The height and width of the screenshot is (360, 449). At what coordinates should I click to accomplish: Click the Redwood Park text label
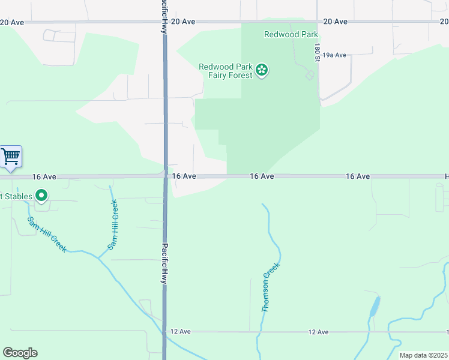pyautogui.click(x=291, y=34)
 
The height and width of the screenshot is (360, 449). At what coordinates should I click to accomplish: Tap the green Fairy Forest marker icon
pyautogui.click(x=262, y=71)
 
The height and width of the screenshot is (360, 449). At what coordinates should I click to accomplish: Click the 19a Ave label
pyautogui.click(x=334, y=55)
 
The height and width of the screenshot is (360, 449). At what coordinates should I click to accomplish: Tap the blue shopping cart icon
pyautogui.click(x=11, y=157)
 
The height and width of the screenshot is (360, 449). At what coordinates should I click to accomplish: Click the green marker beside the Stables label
pyautogui.click(x=41, y=195)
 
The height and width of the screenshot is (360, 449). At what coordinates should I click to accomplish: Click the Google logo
pyautogui.click(x=20, y=353)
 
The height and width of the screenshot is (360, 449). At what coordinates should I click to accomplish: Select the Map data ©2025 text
pyautogui.click(x=423, y=355)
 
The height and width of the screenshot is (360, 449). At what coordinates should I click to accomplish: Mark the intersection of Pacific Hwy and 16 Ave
pyautogui.click(x=165, y=176)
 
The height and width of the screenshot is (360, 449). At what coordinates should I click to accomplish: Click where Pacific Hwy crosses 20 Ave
pyautogui.click(x=165, y=22)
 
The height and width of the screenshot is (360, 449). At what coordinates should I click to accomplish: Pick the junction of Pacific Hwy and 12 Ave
pyautogui.click(x=164, y=332)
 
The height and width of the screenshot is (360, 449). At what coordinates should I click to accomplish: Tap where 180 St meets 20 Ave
pyautogui.click(x=318, y=22)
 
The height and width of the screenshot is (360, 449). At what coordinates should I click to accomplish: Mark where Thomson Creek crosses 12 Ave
pyautogui.click(x=260, y=332)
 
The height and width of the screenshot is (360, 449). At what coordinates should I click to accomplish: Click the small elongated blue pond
pyautogui.click(x=375, y=307)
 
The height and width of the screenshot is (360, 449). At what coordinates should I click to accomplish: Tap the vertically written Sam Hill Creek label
pyautogui.click(x=113, y=224)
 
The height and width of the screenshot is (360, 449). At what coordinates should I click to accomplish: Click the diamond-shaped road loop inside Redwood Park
pyautogui.click(x=309, y=75)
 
